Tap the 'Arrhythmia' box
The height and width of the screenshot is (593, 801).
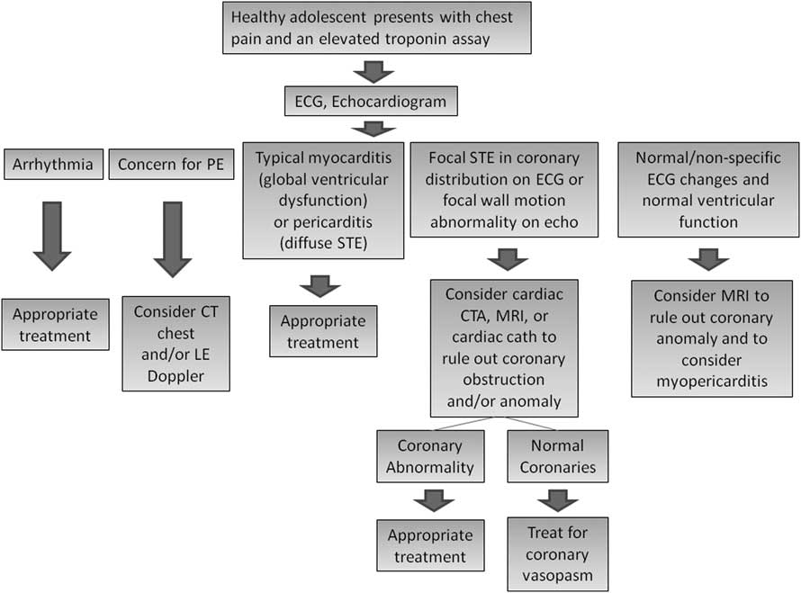52,166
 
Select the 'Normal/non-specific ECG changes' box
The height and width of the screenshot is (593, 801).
707,189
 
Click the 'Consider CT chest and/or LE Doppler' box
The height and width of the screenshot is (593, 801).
176,345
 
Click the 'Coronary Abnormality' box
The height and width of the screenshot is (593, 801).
430,456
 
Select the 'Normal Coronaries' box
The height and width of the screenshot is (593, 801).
557,456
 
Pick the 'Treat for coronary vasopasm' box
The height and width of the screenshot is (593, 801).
557,553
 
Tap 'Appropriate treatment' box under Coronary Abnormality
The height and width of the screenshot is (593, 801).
430,545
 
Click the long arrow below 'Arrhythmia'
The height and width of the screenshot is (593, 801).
52,236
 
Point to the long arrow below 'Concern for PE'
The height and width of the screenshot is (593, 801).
172,238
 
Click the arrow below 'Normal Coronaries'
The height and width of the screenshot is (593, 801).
557,499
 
